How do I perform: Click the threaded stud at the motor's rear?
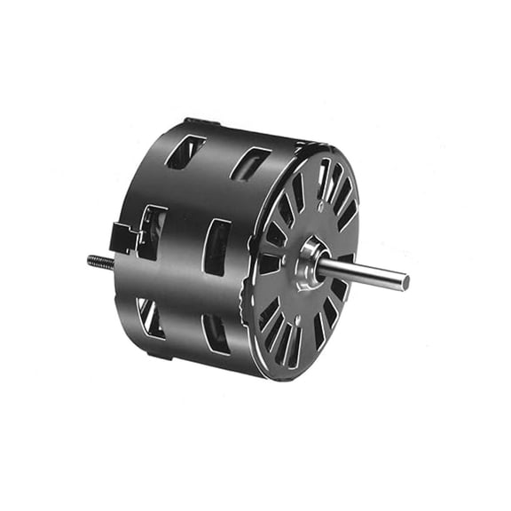click(x=99, y=262)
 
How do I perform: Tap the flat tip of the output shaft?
click(x=405, y=282)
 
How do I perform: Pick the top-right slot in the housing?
click(x=250, y=163)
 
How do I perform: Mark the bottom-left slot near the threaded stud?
click(x=150, y=318)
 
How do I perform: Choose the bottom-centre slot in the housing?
click(x=216, y=334)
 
